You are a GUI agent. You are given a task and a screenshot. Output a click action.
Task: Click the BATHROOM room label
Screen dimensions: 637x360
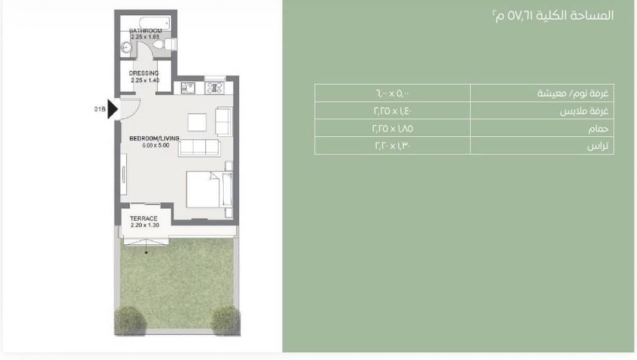[x=145, y=31]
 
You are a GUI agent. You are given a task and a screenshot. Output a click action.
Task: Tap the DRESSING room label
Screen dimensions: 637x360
[x=144, y=73]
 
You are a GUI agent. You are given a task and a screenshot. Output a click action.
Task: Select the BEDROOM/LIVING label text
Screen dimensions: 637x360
[x=154, y=139]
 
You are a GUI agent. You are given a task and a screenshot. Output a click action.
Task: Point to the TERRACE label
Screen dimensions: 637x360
[x=143, y=218]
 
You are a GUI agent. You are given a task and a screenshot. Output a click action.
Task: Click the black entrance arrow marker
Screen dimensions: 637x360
[x=113, y=109]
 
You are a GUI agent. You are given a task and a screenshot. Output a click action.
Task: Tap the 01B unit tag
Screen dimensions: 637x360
[x=100, y=109]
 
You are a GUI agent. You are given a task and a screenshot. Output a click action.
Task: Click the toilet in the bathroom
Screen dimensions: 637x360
[x=167, y=44]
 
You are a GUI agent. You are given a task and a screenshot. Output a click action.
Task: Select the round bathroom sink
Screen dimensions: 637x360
[x=127, y=48]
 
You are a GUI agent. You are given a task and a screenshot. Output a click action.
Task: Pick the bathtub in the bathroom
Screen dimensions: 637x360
[x=154, y=23]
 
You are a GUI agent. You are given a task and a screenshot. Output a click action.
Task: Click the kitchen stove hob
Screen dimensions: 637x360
[x=214, y=88]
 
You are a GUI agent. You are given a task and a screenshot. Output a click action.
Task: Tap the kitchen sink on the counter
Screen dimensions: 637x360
[x=188, y=88]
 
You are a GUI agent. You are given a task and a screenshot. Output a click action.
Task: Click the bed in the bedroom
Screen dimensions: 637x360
[x=209, y=190]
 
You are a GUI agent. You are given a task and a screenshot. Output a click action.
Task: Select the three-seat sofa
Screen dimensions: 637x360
[x=199, y=148]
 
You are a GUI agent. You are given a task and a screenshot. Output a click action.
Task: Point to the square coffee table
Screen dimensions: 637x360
[x=197, y=122]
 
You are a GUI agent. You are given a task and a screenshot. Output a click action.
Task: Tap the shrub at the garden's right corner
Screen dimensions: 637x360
[x=226, y=320]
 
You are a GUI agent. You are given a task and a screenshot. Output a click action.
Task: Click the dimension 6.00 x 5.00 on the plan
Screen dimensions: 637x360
[x=155, y=145]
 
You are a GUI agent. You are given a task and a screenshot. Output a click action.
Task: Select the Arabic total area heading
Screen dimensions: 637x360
[x=553, y=16]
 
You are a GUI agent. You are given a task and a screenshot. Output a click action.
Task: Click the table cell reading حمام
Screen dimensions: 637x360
[x=542, y=128]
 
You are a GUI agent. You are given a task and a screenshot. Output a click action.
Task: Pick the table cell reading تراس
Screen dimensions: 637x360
[x=542, y=145]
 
